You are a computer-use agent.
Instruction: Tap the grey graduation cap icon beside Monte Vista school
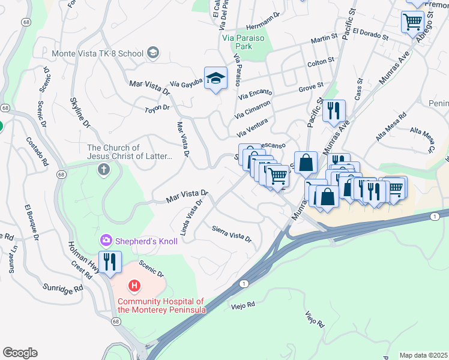point(153,53)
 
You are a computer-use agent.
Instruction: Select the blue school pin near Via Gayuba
point(216,79)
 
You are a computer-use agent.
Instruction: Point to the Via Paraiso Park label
point(244,41)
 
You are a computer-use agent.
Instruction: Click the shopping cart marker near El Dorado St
point(412,22)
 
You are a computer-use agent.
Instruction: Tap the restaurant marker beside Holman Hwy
point(110,262)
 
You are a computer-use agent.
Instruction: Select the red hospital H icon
point(135,286)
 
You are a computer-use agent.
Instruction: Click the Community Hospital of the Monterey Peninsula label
point(161,305)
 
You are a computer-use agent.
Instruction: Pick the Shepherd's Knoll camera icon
point(106,241)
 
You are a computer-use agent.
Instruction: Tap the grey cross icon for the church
point(104,170)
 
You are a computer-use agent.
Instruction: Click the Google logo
point(20,353)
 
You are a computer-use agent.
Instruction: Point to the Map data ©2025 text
point(423,355)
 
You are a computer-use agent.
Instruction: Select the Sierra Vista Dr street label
point(232,233)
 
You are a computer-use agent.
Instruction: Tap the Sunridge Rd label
point(62,289)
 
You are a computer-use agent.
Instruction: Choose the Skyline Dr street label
point(79,113)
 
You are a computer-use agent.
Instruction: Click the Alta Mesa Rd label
point(391,127)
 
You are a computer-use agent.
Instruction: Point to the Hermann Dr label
point(263,20)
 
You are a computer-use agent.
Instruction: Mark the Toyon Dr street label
point(157,109)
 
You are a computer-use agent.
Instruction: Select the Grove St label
point(312,88)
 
